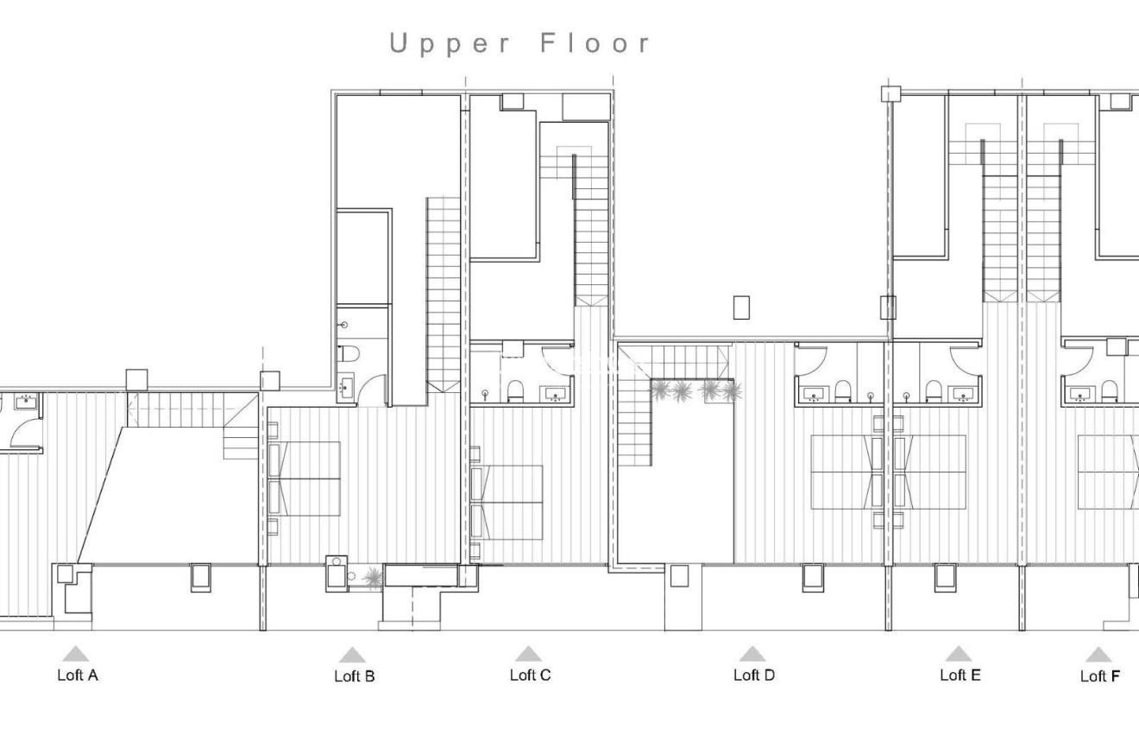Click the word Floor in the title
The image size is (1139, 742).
595,43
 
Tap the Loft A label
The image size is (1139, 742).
77,675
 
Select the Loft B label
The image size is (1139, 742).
354,676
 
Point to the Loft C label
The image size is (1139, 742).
530,675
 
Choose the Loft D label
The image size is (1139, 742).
753,675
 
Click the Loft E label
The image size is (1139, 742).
960,675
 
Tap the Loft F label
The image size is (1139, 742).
1099,676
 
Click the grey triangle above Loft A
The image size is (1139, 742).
76,654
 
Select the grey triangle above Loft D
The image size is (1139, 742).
752,654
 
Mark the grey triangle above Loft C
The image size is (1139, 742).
528,654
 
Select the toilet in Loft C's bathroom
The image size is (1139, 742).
516,392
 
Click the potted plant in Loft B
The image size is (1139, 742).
373,577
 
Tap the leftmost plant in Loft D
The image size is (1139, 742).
660,391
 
